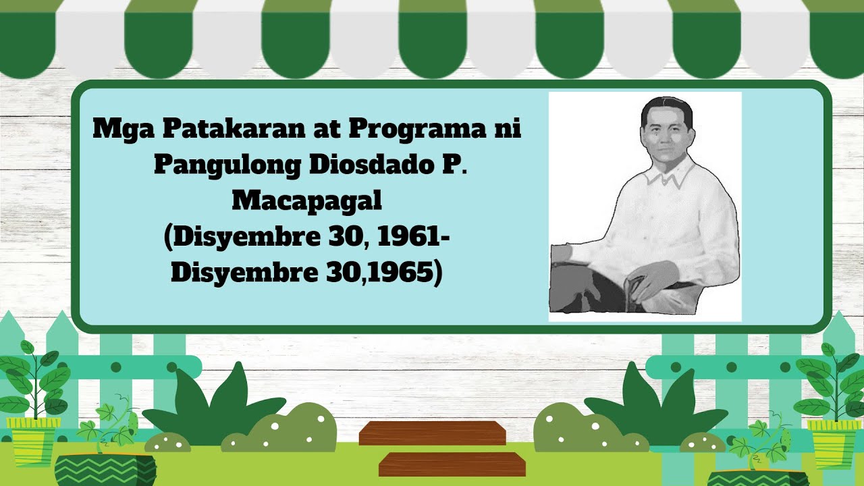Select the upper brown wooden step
(432, 433)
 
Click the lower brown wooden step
(452, 464)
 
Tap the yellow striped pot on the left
(32, 441)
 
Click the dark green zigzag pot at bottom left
(105, 470)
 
